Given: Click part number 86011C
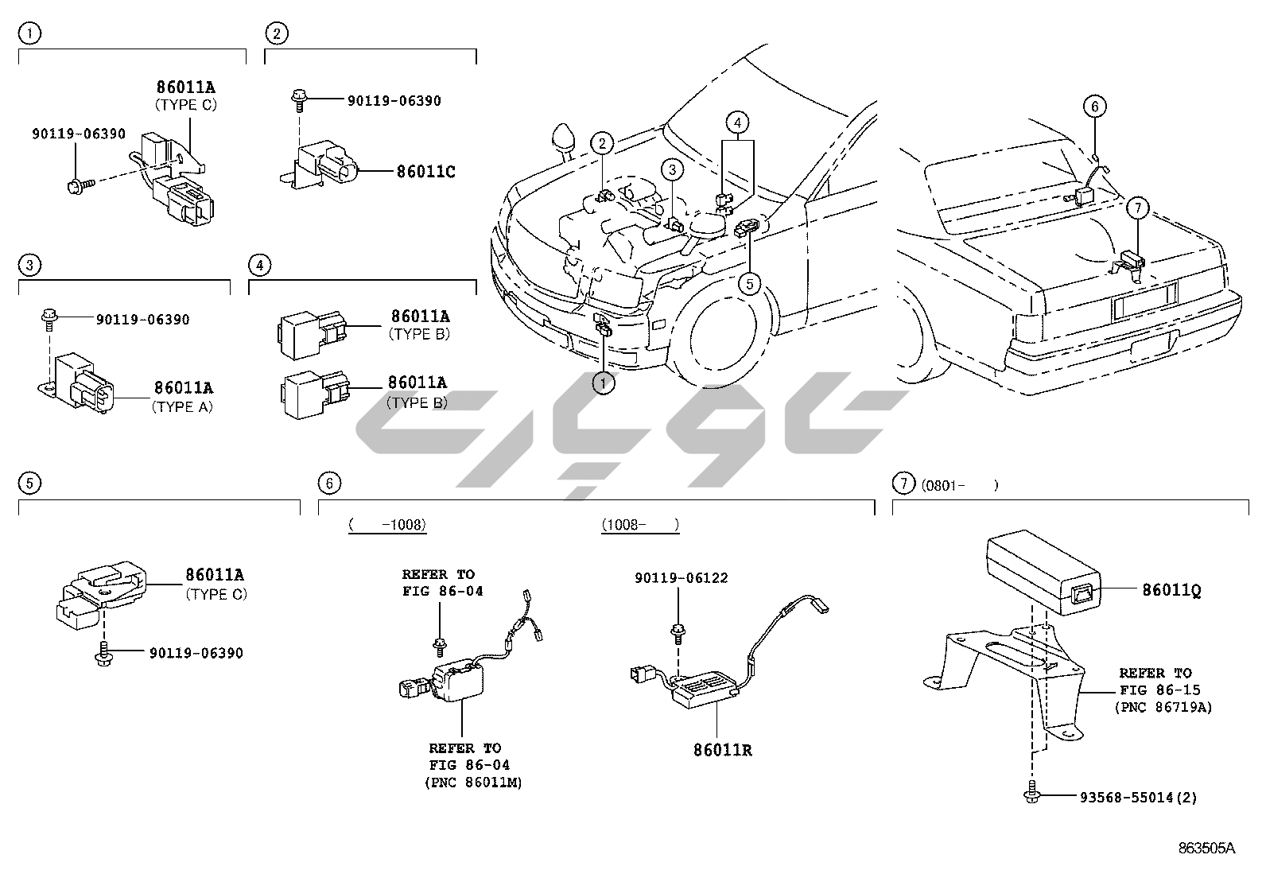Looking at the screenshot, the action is pyautogui.click(x=425, y=171).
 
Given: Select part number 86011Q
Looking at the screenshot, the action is pyautogui.click(x=1171, y=590).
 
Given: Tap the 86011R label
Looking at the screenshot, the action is pyautogui.click(x=722, y=750).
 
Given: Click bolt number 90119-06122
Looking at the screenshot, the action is pyautogui.click(x=681, y=578).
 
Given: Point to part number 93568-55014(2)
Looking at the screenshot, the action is pyautogui.click(x=1138, y=798).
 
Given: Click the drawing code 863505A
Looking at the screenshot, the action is pyautogui.click(x=1206, y=848).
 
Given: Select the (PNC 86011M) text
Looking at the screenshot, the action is pyautogui.click(x=474, y=783).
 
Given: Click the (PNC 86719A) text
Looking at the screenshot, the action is pyautogui.click(x=1163, y=707).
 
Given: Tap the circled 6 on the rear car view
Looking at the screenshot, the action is pyautogui.click(x=1095, y=107).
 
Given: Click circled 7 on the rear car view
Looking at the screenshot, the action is pyautogui.click(x=1138, y=208).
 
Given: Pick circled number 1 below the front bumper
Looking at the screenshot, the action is pyautogui.click(x=603, y=383).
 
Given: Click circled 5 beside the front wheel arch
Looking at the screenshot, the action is pyautogui.click(x=749, y=284).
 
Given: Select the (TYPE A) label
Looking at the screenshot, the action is pyautogui.click(x=182, y=407).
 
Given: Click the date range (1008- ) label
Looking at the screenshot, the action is pyautogui.click(x=640, y=525).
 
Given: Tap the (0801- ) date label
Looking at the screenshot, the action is pyautogui.click(x=960, y=485).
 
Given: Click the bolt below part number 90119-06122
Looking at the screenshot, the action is pyautogui.click(x=677, y=633).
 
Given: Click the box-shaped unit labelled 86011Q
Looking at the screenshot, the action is pyautogui.click(x=1044, y=572).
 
